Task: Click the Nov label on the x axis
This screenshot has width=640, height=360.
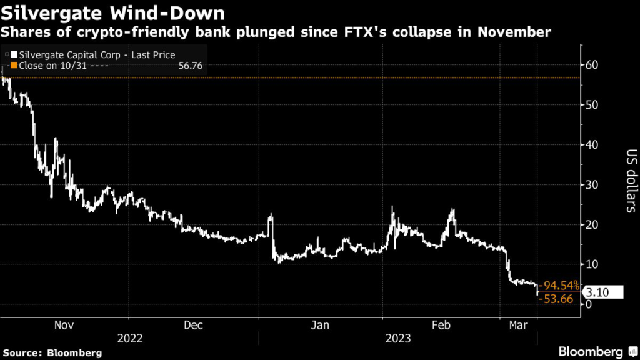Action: click(x=65, y=325)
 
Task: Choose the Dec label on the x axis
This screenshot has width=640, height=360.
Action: click(x=194, y=325)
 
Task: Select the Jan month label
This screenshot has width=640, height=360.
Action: click(x=321, y=325)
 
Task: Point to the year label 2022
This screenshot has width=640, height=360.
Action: click(x=130, y=339)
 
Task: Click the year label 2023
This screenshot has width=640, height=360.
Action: click(x=397, y=339)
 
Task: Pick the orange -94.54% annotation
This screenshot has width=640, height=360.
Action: click(x=558, y=286)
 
